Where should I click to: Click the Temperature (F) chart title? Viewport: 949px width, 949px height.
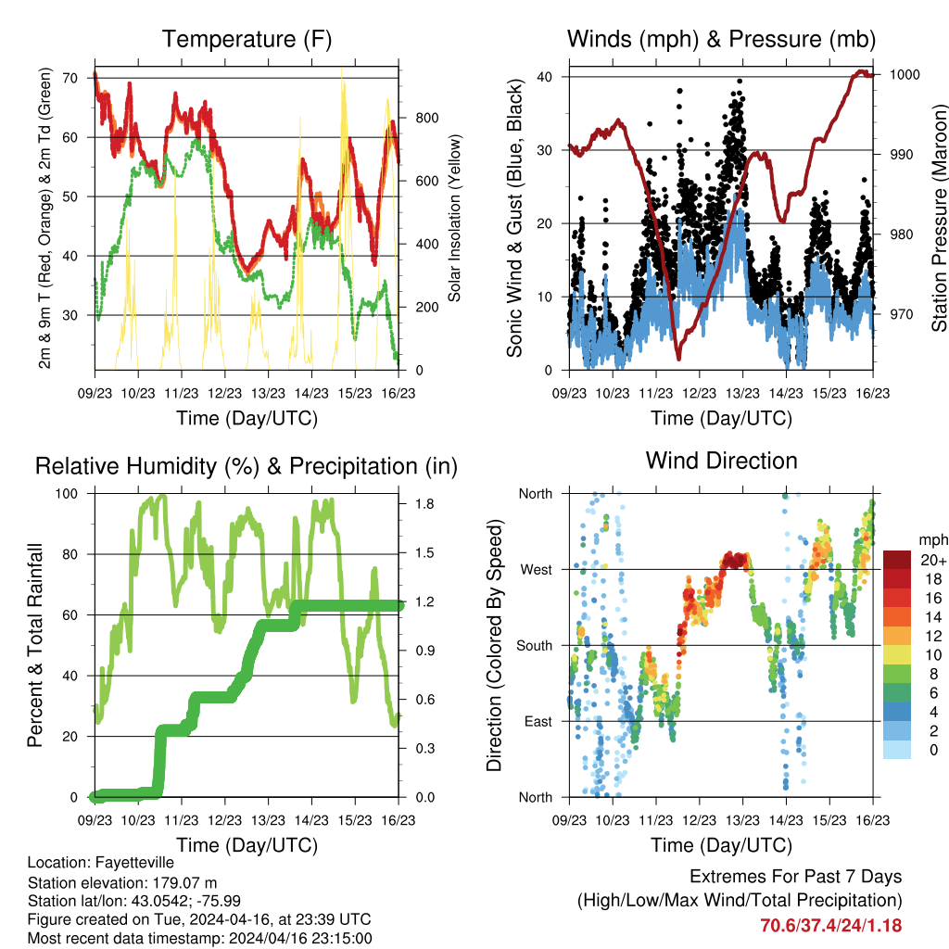tap(247, 39)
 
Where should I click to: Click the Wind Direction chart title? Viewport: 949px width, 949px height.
tap(721, 460)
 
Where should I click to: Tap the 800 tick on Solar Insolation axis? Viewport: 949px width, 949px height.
tap(414, 118)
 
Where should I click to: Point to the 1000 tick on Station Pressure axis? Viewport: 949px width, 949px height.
tap(903, 75)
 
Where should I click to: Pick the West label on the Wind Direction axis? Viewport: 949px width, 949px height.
tap(536, 569)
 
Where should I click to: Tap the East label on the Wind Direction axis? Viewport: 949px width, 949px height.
tap(537, 721)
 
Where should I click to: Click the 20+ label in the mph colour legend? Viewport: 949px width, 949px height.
tap(932, 560)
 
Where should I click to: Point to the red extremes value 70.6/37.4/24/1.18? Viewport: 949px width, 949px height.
tap(830, 925)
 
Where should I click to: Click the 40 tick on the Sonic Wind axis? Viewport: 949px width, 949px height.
tap(550, 76)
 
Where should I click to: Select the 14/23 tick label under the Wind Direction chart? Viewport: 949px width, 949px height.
tap(785, 821)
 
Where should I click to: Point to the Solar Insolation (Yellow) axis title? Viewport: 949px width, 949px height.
tap(455, 219)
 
